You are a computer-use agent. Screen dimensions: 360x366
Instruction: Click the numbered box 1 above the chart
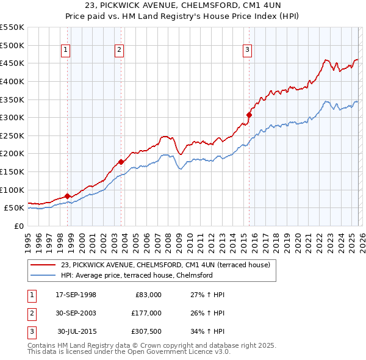[x=66, y=51]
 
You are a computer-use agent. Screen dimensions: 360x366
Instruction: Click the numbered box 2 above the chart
[x=120, y=51]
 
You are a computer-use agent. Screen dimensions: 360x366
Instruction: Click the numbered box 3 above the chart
[x=248, y=51]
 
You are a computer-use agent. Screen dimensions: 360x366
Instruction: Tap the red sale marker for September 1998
[x=67, y=196]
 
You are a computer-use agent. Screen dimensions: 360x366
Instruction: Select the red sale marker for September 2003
[x=121, y=162]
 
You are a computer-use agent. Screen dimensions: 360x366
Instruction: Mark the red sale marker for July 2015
[x=249, y=115]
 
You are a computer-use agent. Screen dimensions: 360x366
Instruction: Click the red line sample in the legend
[x=43, y=265]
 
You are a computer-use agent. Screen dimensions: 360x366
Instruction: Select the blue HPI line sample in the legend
[x=43, y=275]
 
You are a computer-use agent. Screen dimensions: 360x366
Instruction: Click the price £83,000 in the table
[x=146, y=295]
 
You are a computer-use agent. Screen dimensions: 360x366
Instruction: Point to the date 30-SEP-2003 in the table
[x=76, y=313]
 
